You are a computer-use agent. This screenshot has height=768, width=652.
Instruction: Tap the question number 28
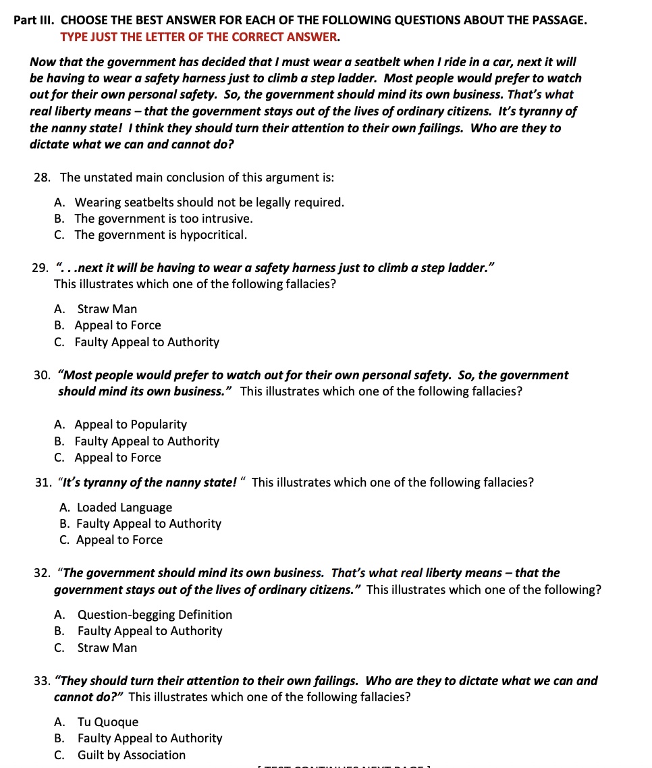tap(42, 177)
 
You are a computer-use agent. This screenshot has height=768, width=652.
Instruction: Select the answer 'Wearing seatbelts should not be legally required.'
tap(209, 202)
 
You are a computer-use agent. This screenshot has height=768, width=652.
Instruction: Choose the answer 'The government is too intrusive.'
tap(163, 219)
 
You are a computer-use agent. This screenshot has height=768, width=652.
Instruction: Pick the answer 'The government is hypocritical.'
tap(161, 235)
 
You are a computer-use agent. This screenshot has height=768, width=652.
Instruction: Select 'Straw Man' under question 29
tap(107, 309)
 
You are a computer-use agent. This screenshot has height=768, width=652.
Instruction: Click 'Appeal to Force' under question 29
tap(117, 325)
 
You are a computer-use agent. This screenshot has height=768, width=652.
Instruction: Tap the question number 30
tap(42, 375)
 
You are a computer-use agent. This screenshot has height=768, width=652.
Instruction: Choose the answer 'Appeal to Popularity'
tap(130, 424)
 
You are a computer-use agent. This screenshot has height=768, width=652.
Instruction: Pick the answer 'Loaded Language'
tap(124, 508)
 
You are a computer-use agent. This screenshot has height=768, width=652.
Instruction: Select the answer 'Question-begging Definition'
tap(155, 615)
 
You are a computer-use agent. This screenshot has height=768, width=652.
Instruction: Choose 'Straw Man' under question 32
tap(107, 648)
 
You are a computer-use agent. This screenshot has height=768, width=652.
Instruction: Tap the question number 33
tap(42, 681)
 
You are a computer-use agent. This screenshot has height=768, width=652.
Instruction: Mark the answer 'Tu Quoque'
tap(108, 722)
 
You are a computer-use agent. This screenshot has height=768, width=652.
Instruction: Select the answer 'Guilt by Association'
tap(131, 755)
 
